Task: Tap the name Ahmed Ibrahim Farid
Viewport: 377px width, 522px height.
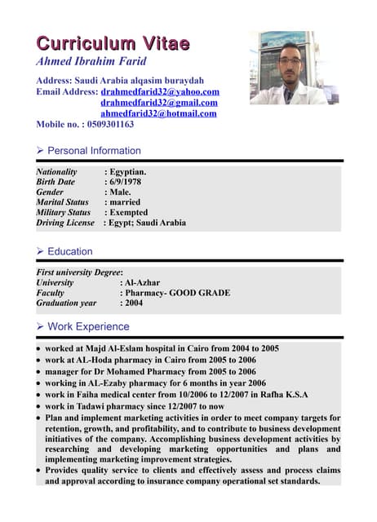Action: pyautogui.click(x=91, y=62)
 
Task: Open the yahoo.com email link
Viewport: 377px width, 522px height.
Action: pyautogui.click(x=160, y=92)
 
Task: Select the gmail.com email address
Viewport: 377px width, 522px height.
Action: pyautogui.click(x=159, y=103)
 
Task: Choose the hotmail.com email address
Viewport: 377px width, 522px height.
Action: pyautogui.click(x=158, y=113)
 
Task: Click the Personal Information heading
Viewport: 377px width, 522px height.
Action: pyautogui.click(x=94, y=151)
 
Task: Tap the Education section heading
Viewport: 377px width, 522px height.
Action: pyautogui.click(x=69, y=252)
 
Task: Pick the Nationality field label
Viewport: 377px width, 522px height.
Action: pyautogui.click(x=57, y=172)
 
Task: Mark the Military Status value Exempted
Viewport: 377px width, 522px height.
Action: pyautogui.click(x=129, y=212)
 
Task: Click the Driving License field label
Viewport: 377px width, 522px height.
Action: pyautogui.click(x=65, y=223)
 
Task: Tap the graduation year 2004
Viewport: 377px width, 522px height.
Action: pyautogui.click(x=134, y=303)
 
